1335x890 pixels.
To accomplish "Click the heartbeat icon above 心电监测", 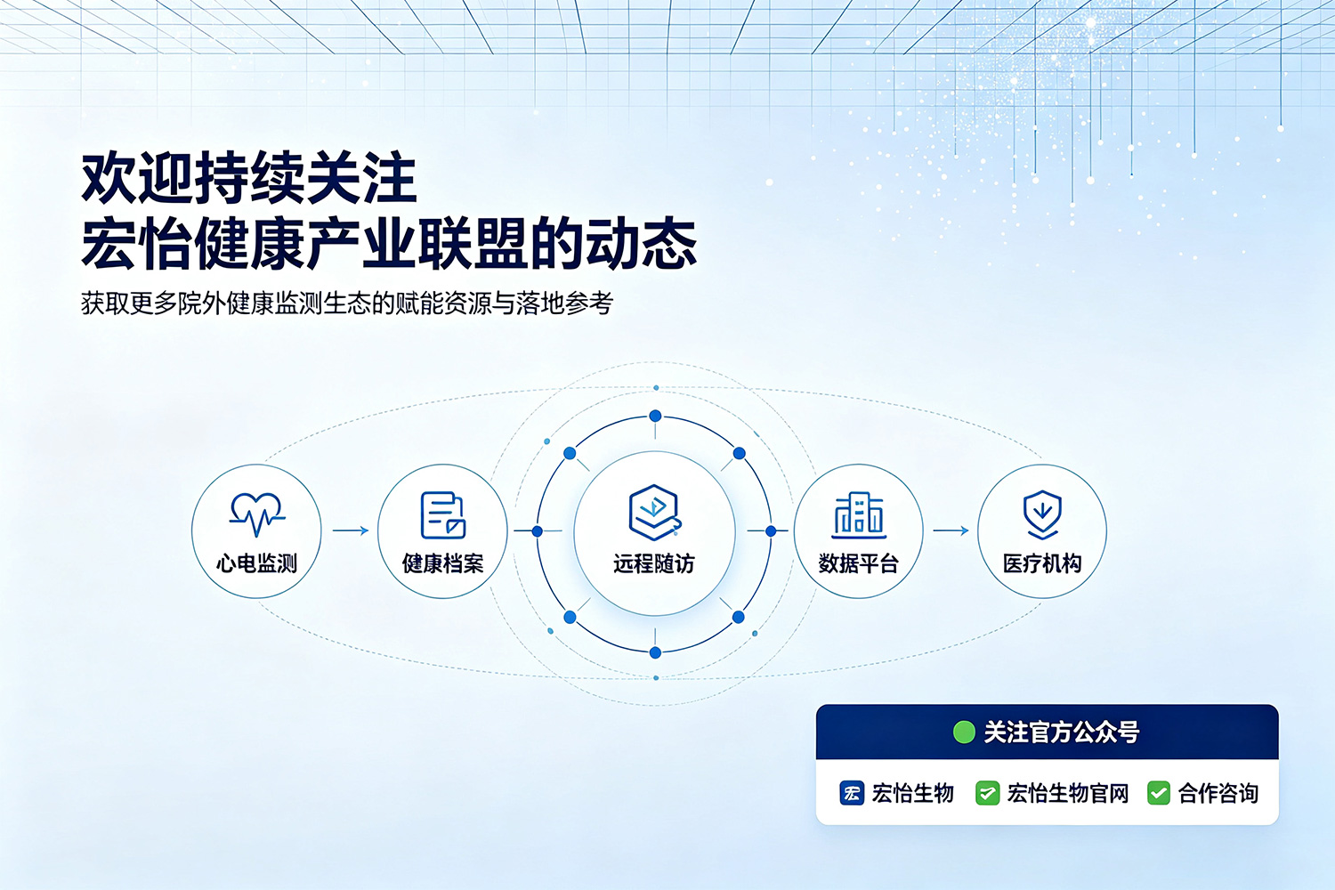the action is click(257, 514).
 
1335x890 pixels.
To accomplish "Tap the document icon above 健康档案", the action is click(442, 515).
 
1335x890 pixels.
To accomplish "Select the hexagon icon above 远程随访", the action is click(654, 512).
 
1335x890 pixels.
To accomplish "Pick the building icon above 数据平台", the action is click(859, 514).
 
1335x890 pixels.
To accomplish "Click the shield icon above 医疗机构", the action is click(1042, 514).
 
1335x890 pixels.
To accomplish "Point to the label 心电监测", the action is click(257, 562).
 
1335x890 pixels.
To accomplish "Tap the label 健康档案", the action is click(442, 562).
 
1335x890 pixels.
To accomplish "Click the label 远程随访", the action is click(654, 563).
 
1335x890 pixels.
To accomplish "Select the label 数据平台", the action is click(858, 562).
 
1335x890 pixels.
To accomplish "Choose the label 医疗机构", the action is click(1042, 562).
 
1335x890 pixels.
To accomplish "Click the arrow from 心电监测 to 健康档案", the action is click(351, 530).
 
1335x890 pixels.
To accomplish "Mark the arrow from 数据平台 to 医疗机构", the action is click(951, 530).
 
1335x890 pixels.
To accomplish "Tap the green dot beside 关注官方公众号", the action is click(964, 732).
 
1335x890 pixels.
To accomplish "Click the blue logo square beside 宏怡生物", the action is click(852, 793).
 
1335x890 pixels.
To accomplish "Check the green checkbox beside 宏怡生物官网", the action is click(988, 793).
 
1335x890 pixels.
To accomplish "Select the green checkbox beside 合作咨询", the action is click(1159, 793).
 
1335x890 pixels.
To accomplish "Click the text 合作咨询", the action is click(1218, 793).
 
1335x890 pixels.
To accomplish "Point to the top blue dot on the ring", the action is click(655, 417).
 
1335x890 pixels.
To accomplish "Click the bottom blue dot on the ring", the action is click(655, 652).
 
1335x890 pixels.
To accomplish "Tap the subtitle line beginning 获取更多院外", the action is click(347, 303).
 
